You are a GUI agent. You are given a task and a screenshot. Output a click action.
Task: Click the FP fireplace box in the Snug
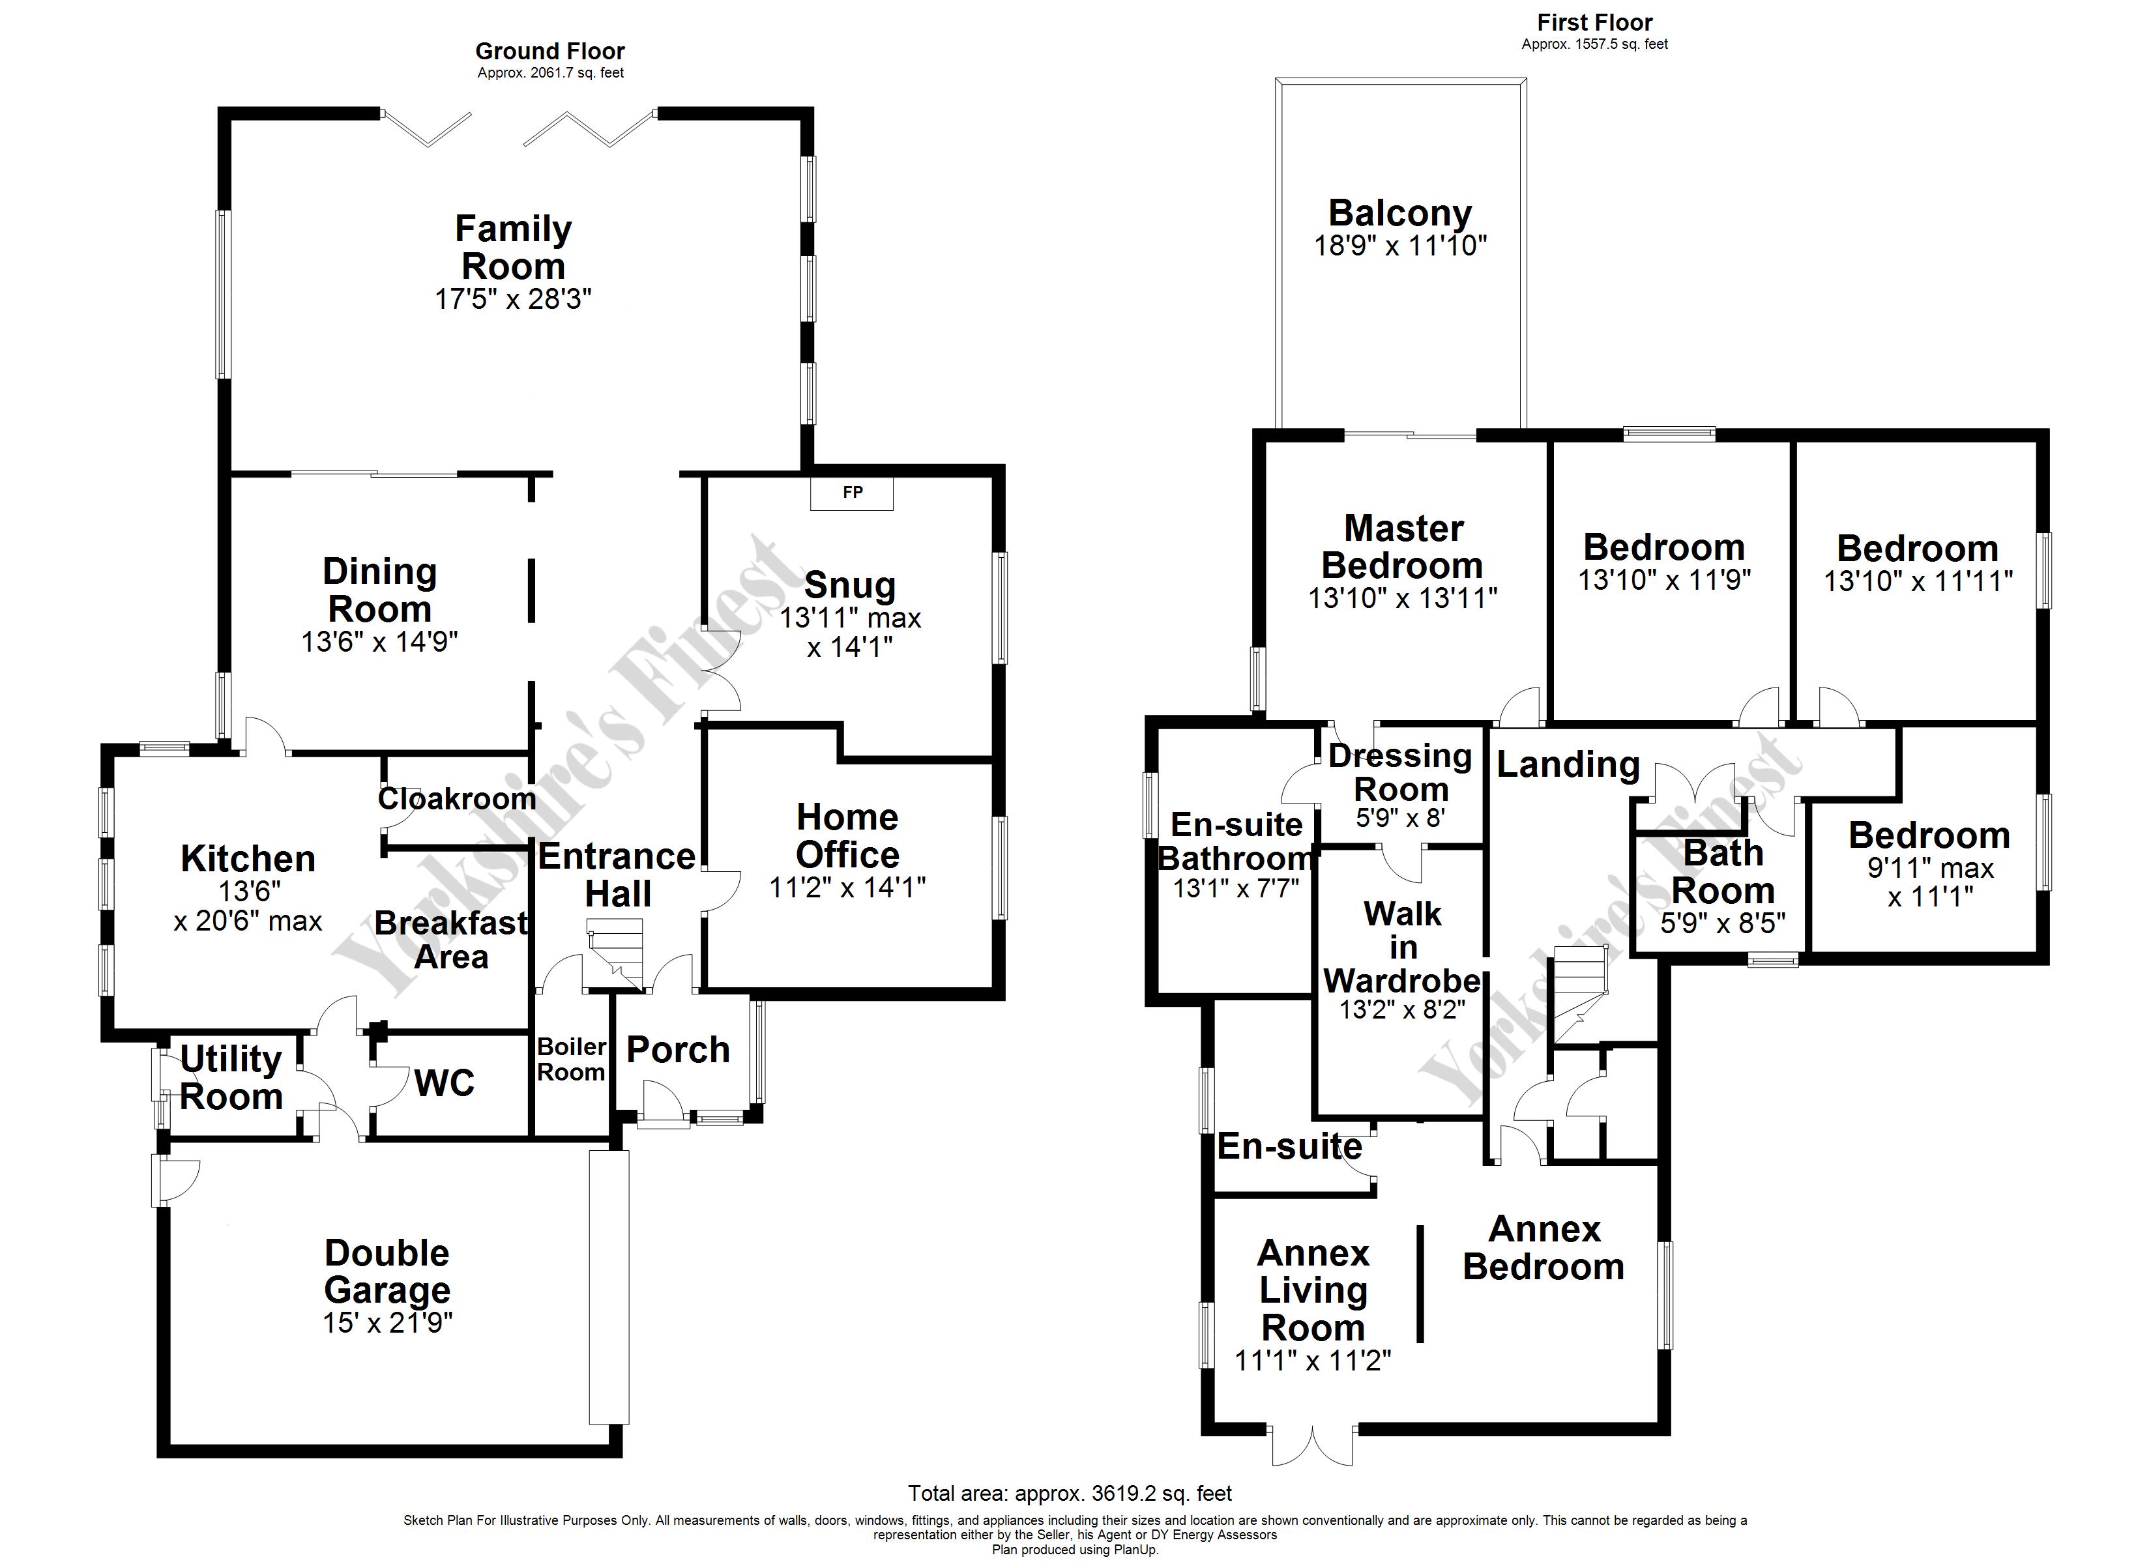[x=852, y=493]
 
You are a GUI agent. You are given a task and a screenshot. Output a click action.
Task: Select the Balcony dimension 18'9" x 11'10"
[x=1400, y=246]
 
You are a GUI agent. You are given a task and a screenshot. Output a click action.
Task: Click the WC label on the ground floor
[x=444, y=1082]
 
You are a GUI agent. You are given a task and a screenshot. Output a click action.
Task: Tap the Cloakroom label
[x=457, y=798]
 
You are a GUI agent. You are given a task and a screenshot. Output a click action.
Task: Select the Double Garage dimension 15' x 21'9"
[x=387, y=1322]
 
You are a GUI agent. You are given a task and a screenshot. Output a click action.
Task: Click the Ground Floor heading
[x=550, y=51]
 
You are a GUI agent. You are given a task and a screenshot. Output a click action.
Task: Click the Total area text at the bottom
[x=1070, y=1493]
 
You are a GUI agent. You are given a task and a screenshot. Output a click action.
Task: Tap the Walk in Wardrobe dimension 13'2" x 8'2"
[x=1403, y=1009]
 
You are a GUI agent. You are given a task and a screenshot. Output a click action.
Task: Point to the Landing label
[x=1568, y=764]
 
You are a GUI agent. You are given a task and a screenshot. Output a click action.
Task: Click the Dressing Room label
[x=1401, y=772]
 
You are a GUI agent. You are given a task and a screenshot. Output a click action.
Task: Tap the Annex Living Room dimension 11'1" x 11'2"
[x=1313, y=1360]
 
